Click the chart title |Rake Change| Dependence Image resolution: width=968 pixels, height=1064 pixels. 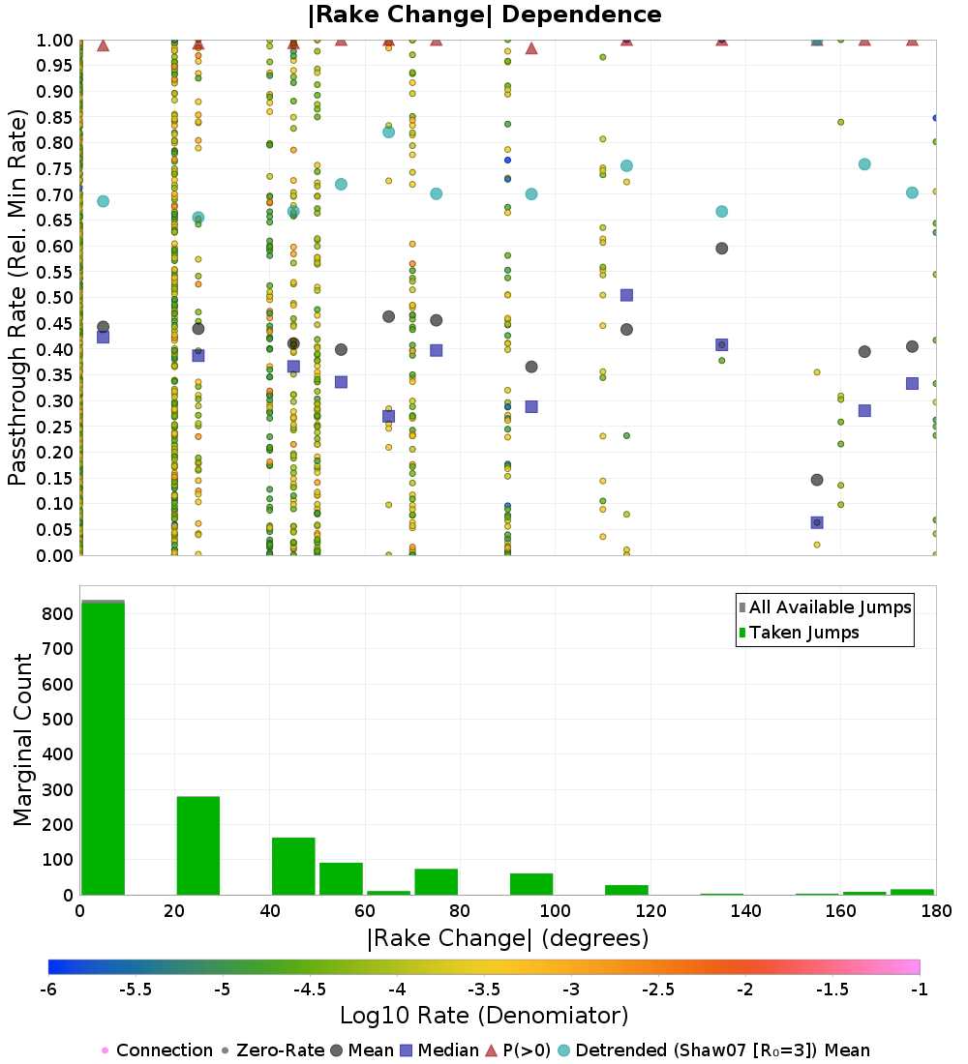coord(485,15)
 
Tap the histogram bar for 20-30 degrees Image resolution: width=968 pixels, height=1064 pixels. coord(197,845)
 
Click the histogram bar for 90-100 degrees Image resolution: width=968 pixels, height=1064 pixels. coord(531,884)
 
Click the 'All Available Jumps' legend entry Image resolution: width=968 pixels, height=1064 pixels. coord(825,607)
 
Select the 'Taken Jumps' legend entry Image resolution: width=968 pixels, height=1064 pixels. coord(799,633)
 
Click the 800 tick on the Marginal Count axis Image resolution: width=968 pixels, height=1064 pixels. coord(56,614)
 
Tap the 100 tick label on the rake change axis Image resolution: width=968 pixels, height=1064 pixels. coord(555,911)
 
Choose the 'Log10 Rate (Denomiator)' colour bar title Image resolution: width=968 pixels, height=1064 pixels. coord(484,1015)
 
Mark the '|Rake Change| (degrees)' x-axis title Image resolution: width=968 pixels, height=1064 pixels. coord(507,938)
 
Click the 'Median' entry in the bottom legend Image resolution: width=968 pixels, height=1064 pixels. coord(446,1050)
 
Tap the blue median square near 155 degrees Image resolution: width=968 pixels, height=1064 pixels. coord(817,522)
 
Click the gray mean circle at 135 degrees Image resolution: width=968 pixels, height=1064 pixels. coord(721,249)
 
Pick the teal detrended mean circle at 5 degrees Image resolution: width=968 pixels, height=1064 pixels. coord(103,201)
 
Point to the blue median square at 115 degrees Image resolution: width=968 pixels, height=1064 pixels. coord(626,295)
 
